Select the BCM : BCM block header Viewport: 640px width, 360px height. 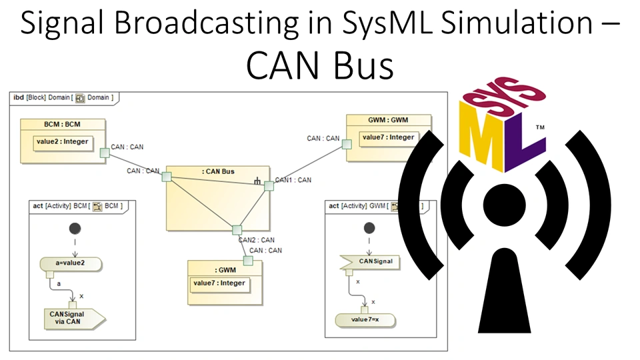[63, 125]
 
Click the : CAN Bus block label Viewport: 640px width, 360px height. [218, 172]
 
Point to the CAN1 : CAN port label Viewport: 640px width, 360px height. [293, 180]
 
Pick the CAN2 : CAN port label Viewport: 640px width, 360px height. [257, 240]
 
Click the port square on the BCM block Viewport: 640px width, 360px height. [104, 154]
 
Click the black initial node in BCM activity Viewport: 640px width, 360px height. [75, 229]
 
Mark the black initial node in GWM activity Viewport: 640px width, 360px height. [369, 229]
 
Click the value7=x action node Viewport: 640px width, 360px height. [365, 320]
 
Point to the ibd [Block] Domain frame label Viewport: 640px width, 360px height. [63, 98]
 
